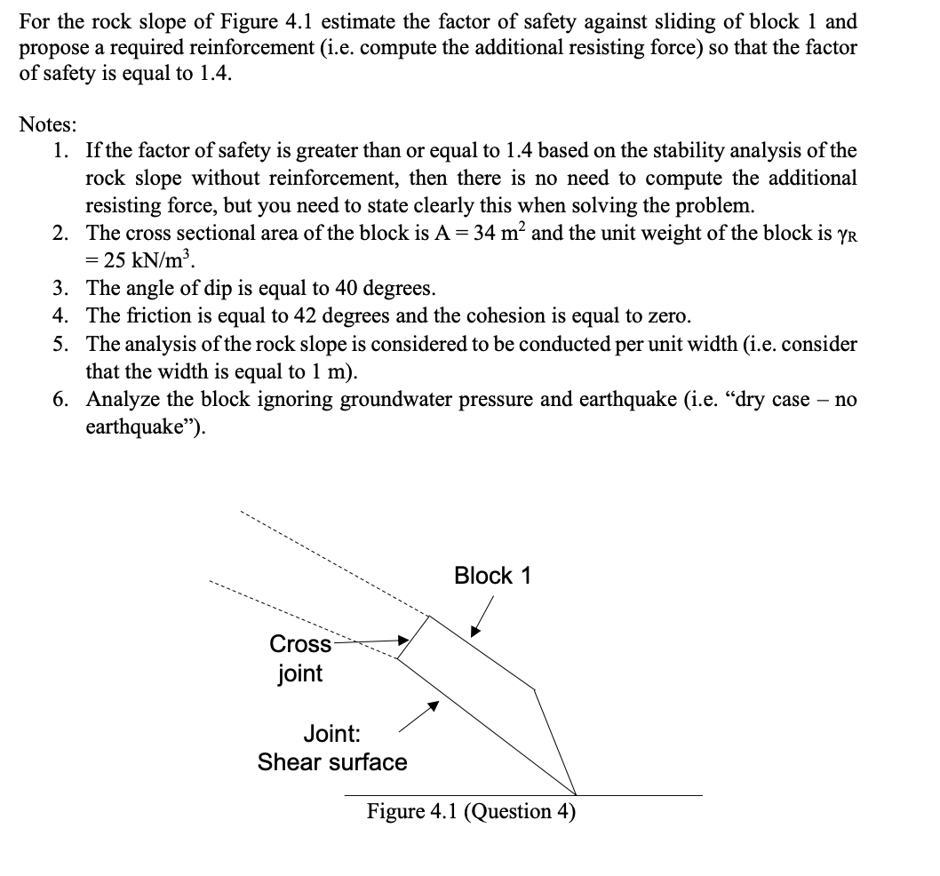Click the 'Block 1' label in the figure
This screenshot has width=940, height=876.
[491, 576]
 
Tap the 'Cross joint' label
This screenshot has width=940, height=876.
[299, 658]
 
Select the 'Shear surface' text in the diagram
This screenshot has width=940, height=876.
[332, 762]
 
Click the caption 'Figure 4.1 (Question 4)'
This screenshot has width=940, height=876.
[472, 811]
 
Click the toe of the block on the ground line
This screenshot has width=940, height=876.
[576, 793]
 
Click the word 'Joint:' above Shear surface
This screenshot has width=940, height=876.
[331, 734]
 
